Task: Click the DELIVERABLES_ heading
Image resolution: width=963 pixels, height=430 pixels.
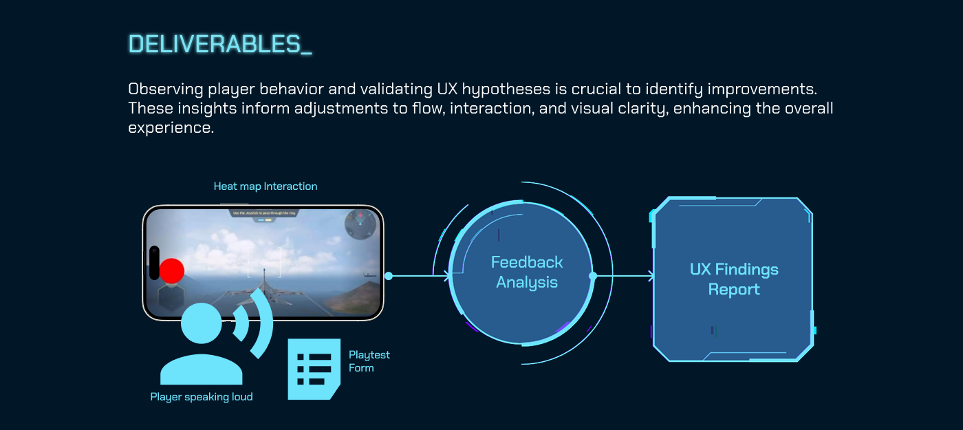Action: pyautogui.click(x=220, y=44)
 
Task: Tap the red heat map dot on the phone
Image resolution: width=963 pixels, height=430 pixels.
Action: pyautogui.click(x=171, y=271)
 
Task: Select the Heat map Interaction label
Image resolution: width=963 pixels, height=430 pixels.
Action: pyautogui.click(x=266, y=186)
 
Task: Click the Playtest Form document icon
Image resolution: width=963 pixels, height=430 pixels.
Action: pyautogui.click(x=314, y=369)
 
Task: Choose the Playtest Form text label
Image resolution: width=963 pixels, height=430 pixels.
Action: pyautogui.click(x=369, y=361)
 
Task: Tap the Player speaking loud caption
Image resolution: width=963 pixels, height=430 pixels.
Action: pyautogui.click(x=202, y=397)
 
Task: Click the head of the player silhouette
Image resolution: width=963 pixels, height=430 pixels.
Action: pyautogui.click(x=202, y=323)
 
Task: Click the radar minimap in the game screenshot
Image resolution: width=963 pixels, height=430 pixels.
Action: pyautogui.click(x=362, y=224)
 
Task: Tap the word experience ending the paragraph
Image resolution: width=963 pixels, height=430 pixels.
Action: pyautogui.click(x=171, y=128)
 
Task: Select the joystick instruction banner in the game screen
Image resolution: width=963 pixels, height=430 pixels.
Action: pyautogui.click(x=263, y=214)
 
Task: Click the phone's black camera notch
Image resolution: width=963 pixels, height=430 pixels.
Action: pyautogui.click(x=154, y=263)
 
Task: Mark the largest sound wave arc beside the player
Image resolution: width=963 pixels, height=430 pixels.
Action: pyautogui.click(x=262, y=323)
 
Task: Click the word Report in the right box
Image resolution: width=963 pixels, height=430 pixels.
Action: pyautogui.click(x=734, y=290)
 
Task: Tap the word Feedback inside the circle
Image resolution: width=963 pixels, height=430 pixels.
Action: pyautogui.click(x=527, y=262)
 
